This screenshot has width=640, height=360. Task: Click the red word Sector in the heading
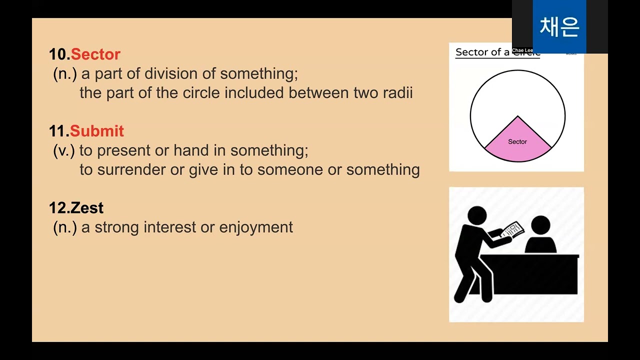click(x=95, y=54)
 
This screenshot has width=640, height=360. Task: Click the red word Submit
click(x=96, y=131)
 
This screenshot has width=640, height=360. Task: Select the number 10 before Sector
click(x=58, y=54)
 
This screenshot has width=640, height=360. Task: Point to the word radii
click(x=396, y=93)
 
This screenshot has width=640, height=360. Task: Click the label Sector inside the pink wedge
click(x=517, y=141)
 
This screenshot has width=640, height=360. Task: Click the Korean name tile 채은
click(x=559, y=26)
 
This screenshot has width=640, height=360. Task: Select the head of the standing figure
click(x=476, y=215)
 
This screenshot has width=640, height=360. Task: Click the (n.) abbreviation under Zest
click(x=65, y=227)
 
